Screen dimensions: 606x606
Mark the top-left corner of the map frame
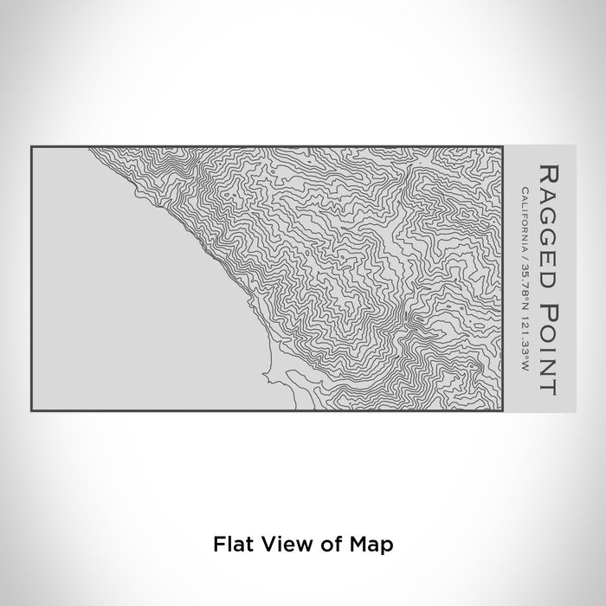point(31,146)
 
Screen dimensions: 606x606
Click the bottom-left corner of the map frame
point(31,410)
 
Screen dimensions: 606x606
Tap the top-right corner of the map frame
point(502,146)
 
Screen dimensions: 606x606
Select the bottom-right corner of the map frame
point(502,410)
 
